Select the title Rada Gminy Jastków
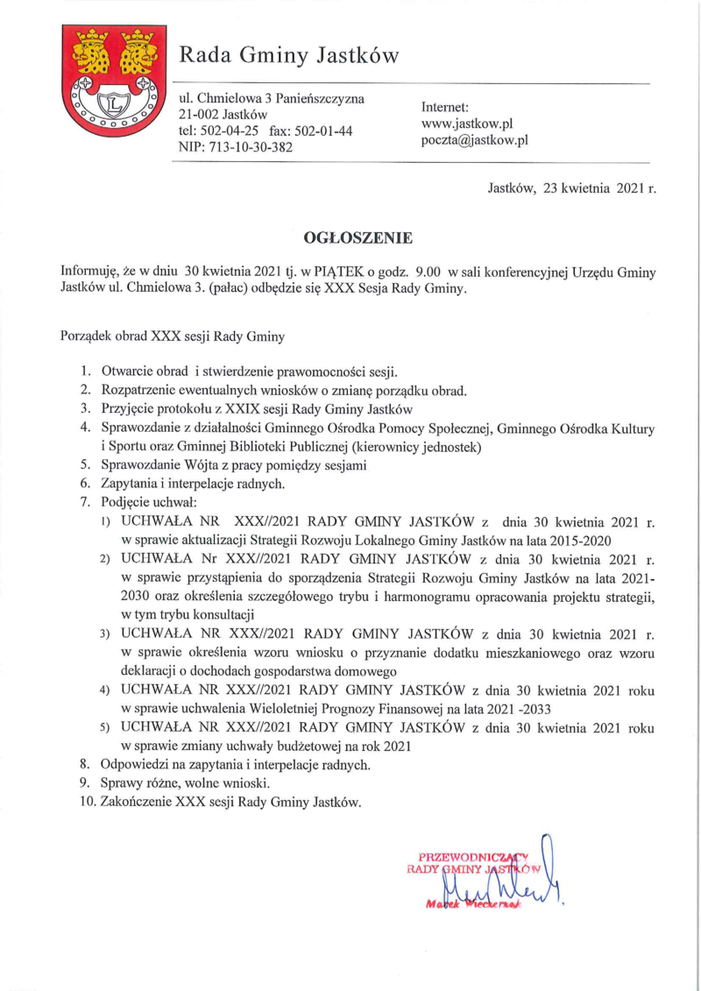point(289,57)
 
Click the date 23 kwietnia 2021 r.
point(599,188)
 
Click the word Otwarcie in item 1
point(129,372)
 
